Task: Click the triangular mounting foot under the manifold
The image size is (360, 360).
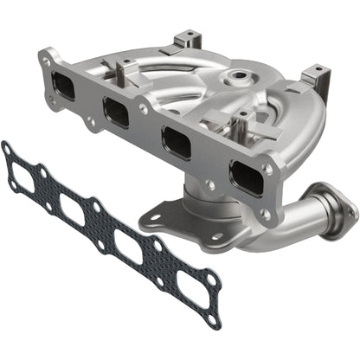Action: pyautogui.click(x=186, y=221)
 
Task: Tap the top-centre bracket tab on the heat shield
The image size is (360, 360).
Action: pyautogui.click(x=187, y=40)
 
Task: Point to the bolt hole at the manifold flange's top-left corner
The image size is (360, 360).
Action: pyautogui.click(x=45, y=59)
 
